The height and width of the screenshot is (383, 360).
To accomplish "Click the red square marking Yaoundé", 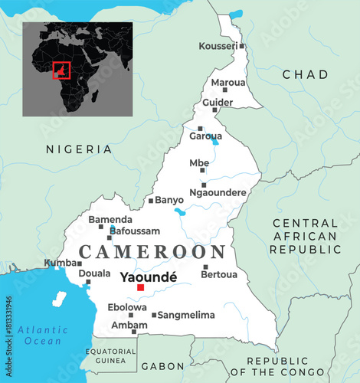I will [140, 288].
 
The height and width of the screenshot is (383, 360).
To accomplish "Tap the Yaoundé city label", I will [149, 277].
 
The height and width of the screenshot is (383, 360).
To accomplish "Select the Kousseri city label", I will [218, 47].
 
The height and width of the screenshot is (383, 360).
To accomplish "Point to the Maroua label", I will [228, 82].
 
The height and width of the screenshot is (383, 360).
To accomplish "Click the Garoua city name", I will [205, 136].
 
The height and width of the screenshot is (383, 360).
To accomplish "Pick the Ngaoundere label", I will [219, 193].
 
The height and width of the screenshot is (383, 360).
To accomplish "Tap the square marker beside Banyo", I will [151, 201].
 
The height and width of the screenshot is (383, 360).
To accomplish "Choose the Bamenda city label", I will [110, 219].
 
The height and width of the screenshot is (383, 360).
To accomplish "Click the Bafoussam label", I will [136, 231].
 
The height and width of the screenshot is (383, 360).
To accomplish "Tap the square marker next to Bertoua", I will [205, 267].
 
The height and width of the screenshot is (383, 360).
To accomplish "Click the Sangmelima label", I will [186, 315].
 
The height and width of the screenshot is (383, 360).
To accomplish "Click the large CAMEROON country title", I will [152, 251].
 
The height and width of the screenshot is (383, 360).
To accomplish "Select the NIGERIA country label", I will [78, 149].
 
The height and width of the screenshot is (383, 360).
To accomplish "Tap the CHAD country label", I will [305, 74].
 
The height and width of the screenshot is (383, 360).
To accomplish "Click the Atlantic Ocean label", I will [41, 335].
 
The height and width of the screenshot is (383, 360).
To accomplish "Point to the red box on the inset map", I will [61, 70].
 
